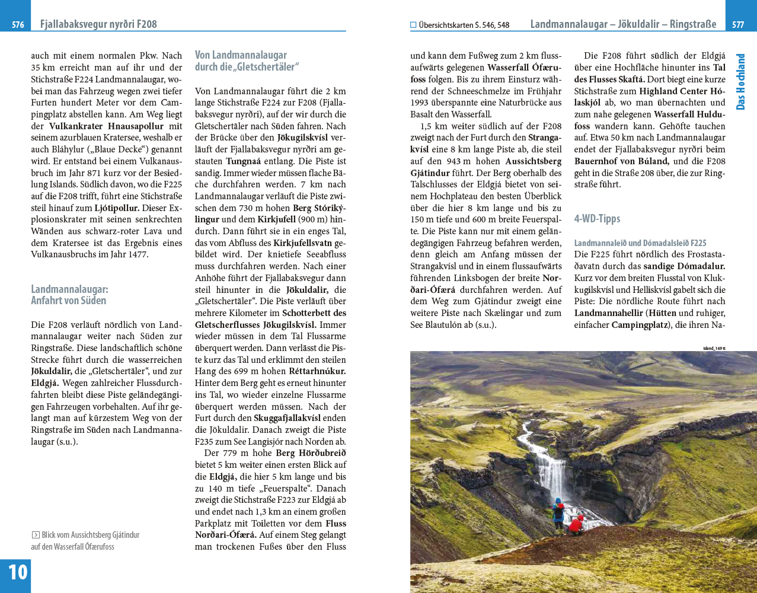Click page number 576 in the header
tap(18, 25)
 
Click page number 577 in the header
tap(738, 25)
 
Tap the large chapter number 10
tap(17, 572)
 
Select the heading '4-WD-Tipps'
tap(597, 219)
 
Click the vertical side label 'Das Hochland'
tap(740, 82)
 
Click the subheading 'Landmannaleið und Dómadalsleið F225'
tap(640, 243)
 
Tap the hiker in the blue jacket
tap(558, 512)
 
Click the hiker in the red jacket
tap(576, 524)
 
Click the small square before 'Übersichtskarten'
tap(413, 25)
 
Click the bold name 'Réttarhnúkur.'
tap(317, 372)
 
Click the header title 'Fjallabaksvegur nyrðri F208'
tap(98, 24)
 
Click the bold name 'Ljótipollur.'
tap(117, 208)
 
